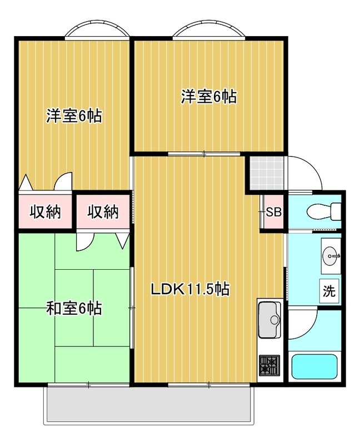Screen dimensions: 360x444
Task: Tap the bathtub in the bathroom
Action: pyautogui.click(x=314, y=366)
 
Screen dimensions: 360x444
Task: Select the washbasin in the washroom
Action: pyautogui.click(x=331, y=256)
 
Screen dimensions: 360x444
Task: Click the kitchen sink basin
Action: pyautogui.click(x=269, y=320)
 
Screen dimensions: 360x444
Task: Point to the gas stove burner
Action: pyautogui.click(x=269, y=366)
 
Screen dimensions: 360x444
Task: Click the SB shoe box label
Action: pyautogui.click(x=273, y=212)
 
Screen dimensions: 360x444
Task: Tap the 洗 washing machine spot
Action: pyautogui.click(x=329, y=291)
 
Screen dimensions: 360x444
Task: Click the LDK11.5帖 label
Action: pyautogui.click(x=189, y=289)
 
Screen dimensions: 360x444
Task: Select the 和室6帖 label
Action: pyautogui.click(x=74, y=309)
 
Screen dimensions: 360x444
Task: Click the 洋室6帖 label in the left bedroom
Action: pyautogui.click(x=74, y=116)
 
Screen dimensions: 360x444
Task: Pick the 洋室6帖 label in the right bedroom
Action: pyautogui.click(x=209, y=97)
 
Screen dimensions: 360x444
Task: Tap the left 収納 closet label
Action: pyautogui.click(x=46, y=211)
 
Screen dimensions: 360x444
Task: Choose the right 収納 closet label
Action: pyautogui.click(x=103, y=211)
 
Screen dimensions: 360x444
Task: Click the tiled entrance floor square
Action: pyautogui.click(x=267, y=173)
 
